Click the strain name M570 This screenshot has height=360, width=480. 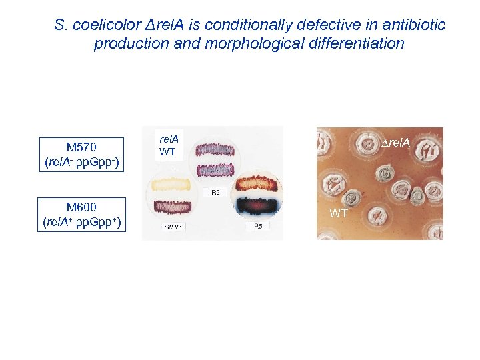tap(82, 148)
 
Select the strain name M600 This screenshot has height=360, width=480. tap(82, 207)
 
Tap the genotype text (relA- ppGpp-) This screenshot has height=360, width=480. tap(82, 162)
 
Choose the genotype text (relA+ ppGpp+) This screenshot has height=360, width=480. tap(82, 222)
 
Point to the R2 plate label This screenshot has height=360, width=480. tap(215, 193)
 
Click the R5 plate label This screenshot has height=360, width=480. tap(258, 227)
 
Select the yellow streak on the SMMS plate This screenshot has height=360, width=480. tap(172, 183)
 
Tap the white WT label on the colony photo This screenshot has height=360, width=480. tap(339, 214)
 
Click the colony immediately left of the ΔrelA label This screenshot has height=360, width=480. tap(367, 145)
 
